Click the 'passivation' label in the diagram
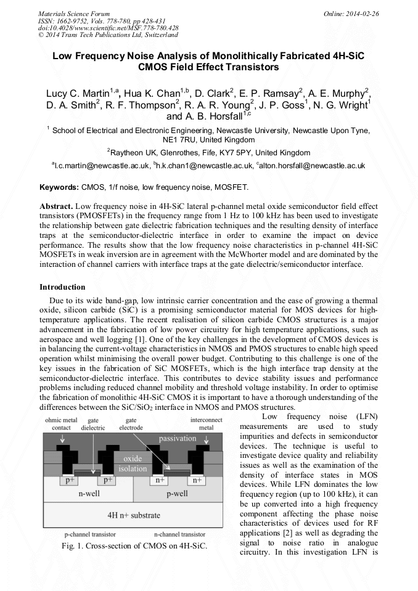(177, 439)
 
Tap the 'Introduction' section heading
(62, 287)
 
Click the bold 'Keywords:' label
(59, 187)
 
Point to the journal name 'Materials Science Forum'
(74, 13)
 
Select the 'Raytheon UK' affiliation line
(208, 152)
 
